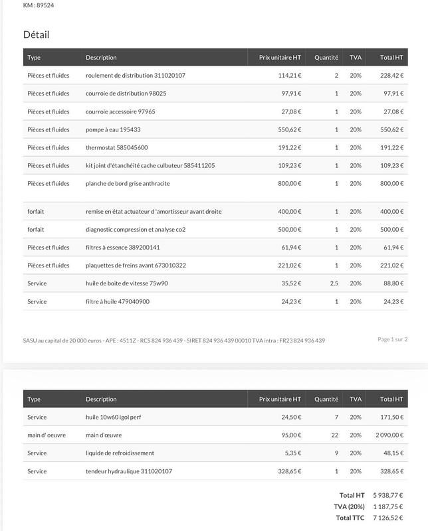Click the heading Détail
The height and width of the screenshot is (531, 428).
click(36, 35)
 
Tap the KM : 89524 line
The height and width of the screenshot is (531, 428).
click(39, 5)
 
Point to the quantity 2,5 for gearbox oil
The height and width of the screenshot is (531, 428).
click(334, 283)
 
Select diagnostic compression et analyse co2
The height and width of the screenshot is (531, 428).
click(136, 230)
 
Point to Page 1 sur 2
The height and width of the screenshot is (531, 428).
click(393, 339)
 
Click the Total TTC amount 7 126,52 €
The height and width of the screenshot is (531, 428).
click(388, 518)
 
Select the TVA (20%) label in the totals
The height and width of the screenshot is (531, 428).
click(350, 506)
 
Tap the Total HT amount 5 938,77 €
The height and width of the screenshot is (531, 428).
click(388, 495)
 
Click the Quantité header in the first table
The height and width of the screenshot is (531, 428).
click(326, 58)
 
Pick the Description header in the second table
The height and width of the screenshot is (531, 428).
click(101, 400)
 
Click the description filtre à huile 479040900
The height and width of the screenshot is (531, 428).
click(118, 301)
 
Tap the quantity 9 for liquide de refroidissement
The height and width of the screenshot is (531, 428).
click(336, 453)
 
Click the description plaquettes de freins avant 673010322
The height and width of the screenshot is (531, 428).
click(136, 265)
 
